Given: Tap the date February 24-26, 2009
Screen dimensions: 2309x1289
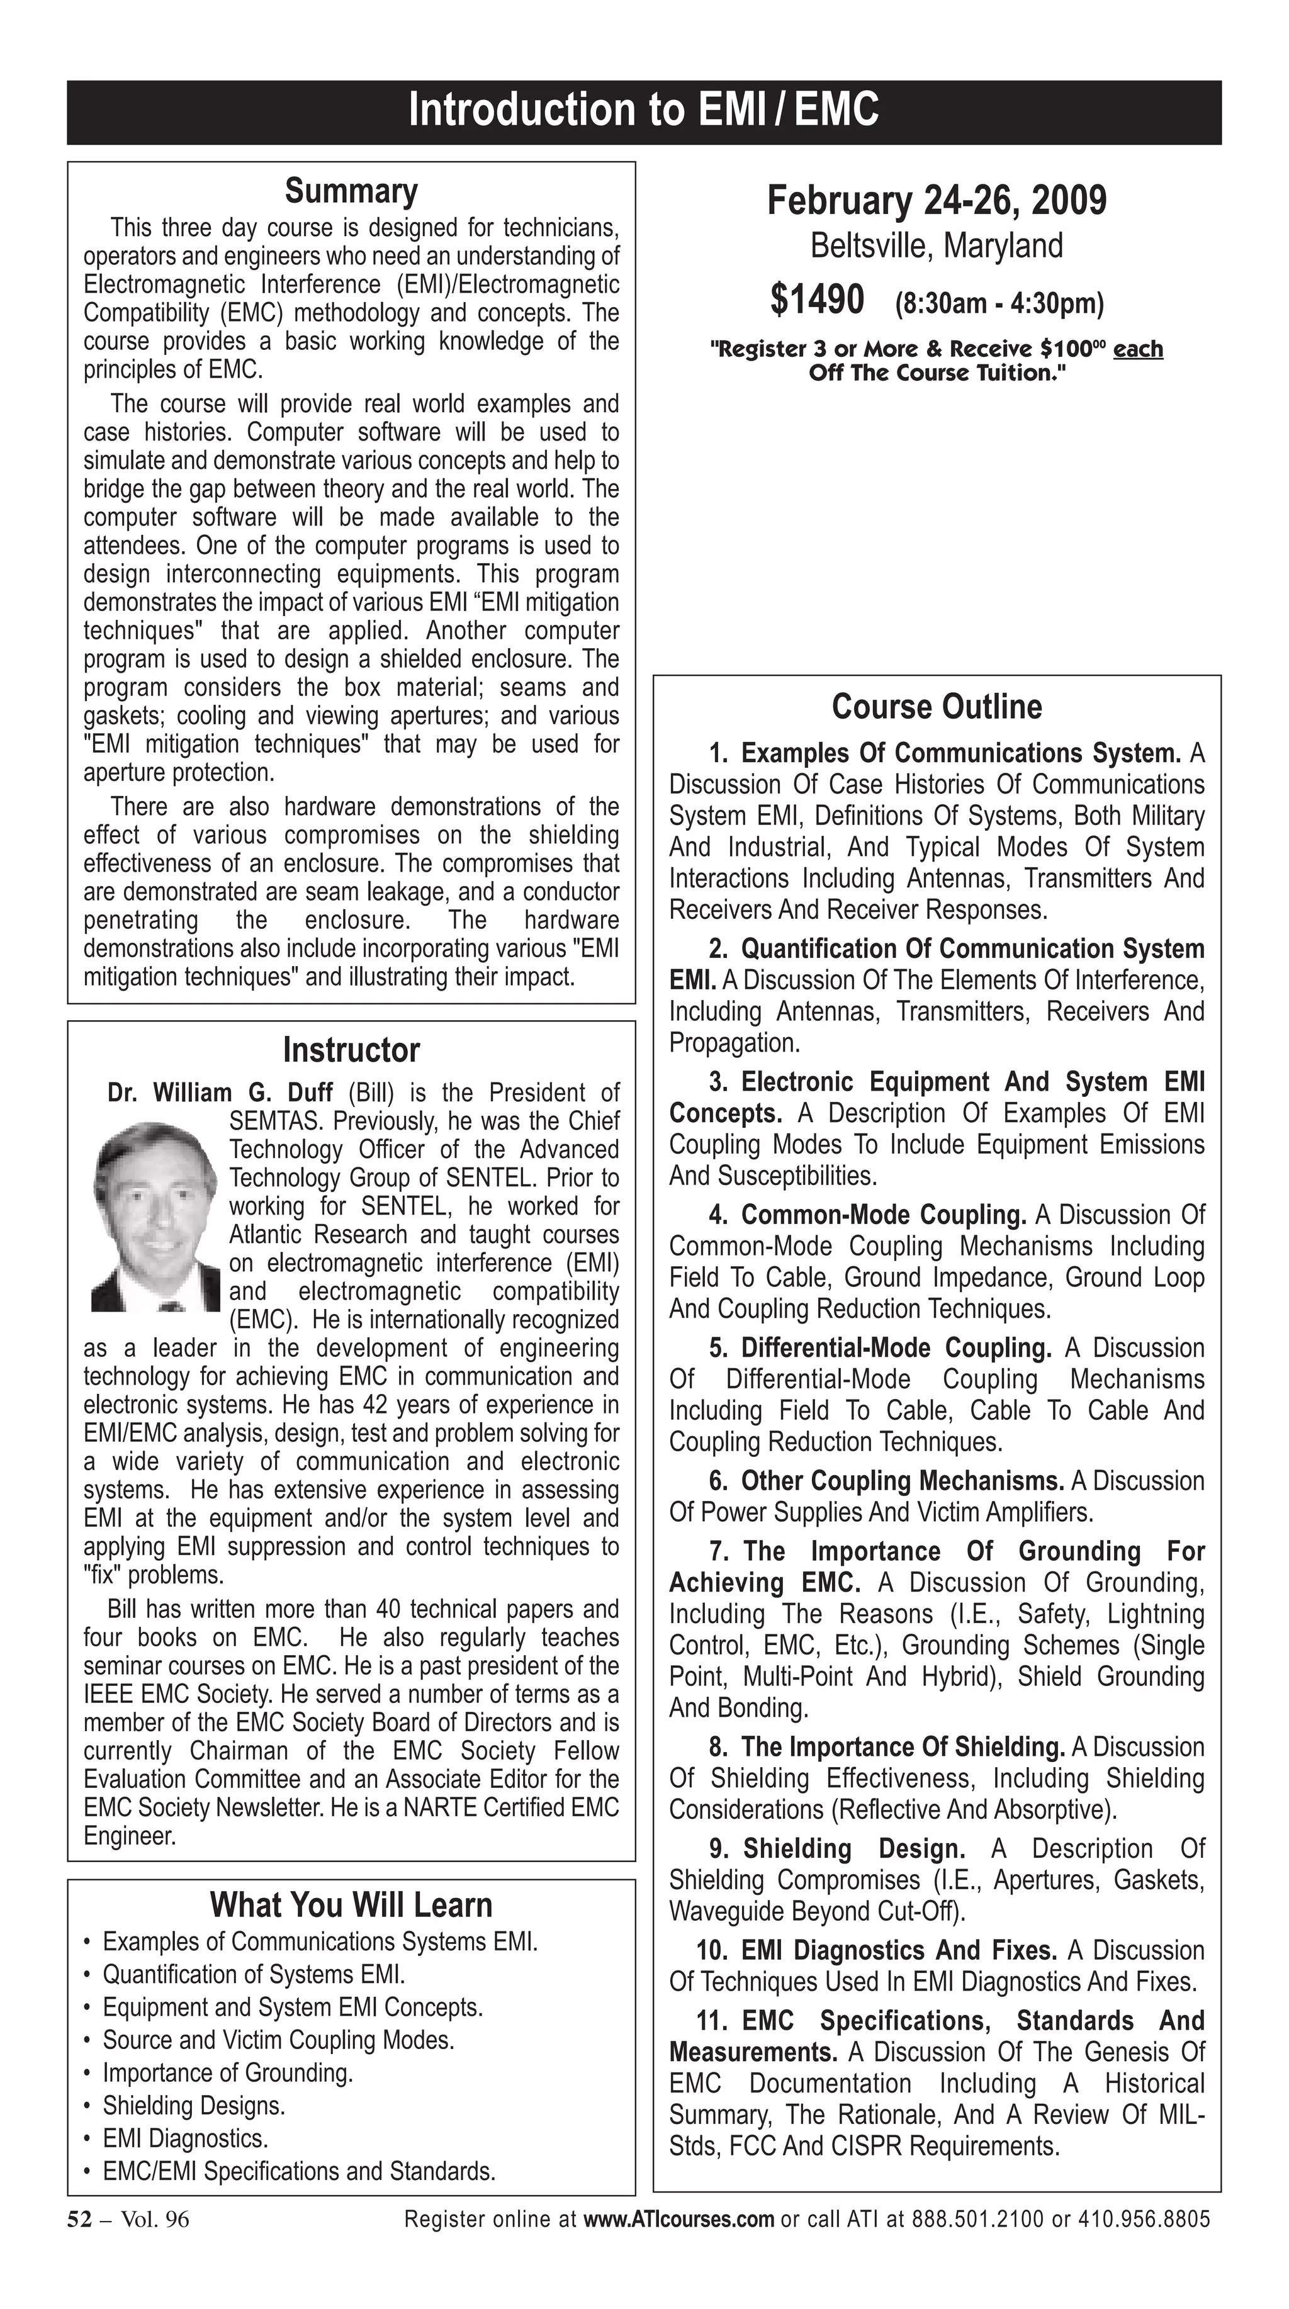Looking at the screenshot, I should click(936, 200).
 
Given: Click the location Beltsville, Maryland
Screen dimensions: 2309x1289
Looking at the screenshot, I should click(936, 245).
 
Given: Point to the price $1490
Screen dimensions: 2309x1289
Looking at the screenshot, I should click(816, 300).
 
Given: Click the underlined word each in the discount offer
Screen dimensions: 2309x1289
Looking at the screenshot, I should click(1137, 349).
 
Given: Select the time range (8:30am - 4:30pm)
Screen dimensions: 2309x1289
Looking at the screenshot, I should click(999, 303).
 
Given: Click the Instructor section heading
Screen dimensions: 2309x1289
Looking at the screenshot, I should click(351, 1050).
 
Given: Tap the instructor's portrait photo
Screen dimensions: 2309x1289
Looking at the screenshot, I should click(155, 1216).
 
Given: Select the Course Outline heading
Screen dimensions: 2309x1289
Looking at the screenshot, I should click(936, 706).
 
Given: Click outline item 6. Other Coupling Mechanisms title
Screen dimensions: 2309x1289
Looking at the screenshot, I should click(901, 1481).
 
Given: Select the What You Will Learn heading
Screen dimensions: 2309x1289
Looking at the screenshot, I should click(351, 1905).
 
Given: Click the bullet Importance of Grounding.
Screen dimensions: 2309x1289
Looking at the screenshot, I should click(228, 2073).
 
